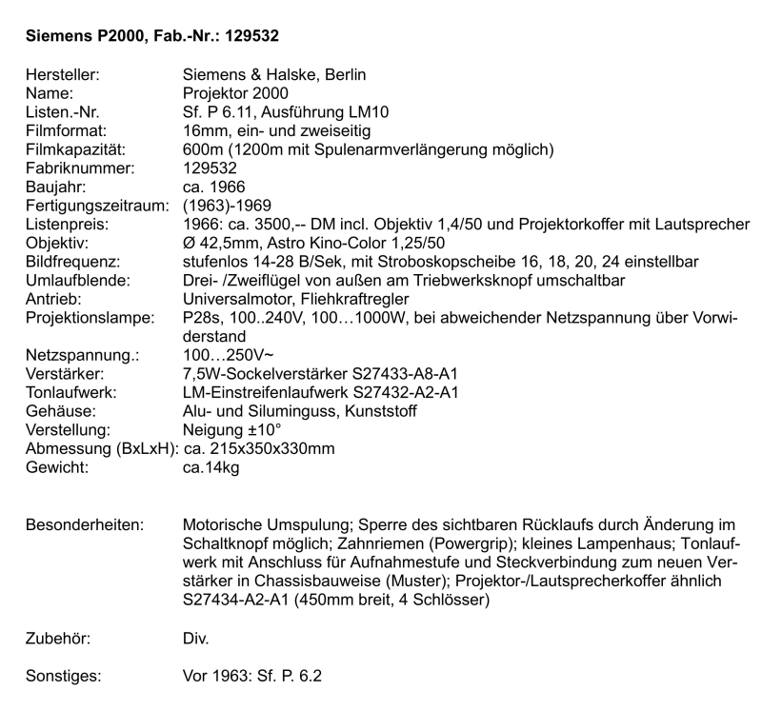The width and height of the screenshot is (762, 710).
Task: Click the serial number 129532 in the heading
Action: pyautogui.click(x=246, y=36)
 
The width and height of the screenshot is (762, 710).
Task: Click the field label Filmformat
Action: pyautogui.click(x=64, y=130)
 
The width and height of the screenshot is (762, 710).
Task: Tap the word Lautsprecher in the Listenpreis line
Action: pyautogui.click(x=702, y=224)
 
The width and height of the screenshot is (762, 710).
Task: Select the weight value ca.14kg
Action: pyautogui.click(x=212, y=466)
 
